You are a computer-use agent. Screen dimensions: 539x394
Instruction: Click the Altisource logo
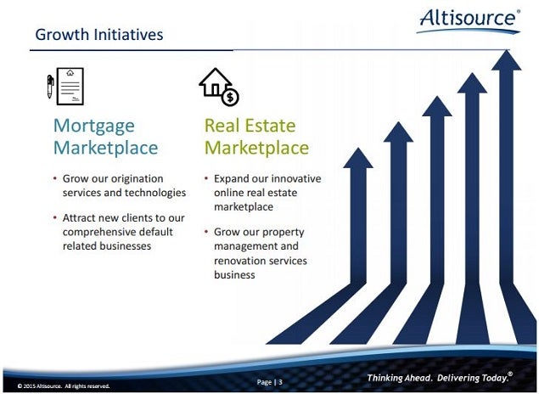point(469,20)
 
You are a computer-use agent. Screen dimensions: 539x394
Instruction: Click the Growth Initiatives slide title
point(99,35)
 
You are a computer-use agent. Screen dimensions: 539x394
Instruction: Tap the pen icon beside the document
point(50,87)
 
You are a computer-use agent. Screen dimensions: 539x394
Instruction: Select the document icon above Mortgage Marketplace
point(70,87)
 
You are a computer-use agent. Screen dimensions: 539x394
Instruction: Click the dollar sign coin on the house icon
point(230,98)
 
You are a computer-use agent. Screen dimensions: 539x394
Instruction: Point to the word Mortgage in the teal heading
point(94,127)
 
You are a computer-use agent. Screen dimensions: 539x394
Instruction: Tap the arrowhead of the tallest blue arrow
point(507,60)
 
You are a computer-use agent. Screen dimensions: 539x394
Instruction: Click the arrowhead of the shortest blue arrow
point(358,158)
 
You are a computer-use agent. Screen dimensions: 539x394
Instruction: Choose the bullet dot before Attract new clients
point(55,217)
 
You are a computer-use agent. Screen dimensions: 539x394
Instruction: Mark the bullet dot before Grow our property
point(206,231)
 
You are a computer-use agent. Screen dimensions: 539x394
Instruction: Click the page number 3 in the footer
point(280,382)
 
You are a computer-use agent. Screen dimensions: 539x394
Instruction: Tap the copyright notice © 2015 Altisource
point(64,386)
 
